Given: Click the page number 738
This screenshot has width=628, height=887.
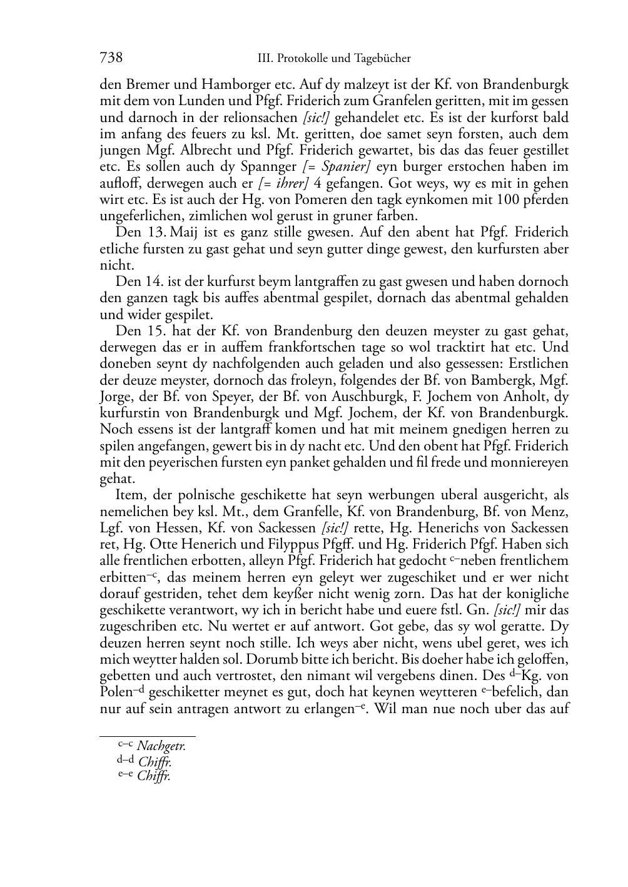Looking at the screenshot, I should [x=111, y=58].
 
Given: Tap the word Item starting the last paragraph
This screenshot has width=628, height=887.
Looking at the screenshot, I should [x=129, y=495].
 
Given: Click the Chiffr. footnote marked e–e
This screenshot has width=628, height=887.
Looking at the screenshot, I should [x=154, y=776].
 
